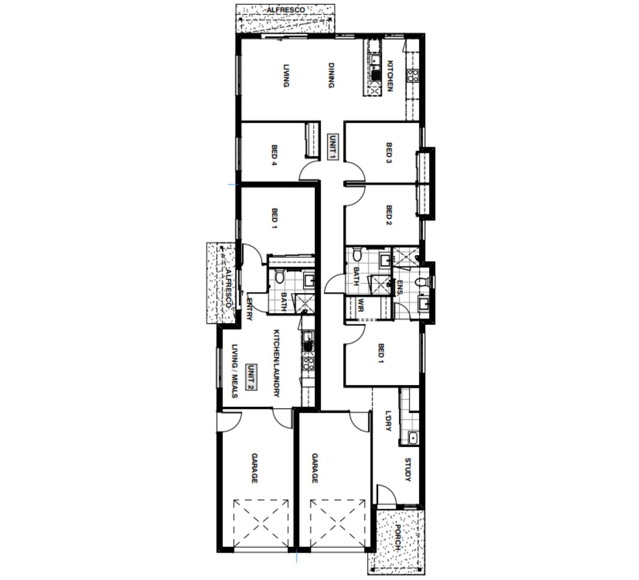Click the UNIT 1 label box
pyautogui.click(x=333, y=147)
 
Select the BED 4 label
pyautogui.click(x=274, y=155)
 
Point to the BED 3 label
pyautogui.click(x=389, y=153)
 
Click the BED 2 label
pyautogui.click(x=389, y=215)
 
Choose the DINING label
pyautogui.click(x=331, y=75)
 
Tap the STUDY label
pyautogui.click(x=408, y=470)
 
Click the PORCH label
pyautogui.click(x=398, y=538)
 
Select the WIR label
pyautogui.click(x=361, y=305)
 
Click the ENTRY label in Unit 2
pyautogui.click(x=249, y=309)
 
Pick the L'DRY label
pyautogui.click(x=388, y=421)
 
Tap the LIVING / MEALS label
pyautogui.click(x=235, y=371)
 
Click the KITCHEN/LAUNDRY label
pyautogui.click(x=277, y=363)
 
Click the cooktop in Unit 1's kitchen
pyautogui.click(x=413, y=76)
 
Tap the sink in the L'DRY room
pyautogui.click(x=413, y=438)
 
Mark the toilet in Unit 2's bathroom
pyautogui.click(x=279, y=277)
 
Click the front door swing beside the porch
pyautogui.click(x=387, y=494)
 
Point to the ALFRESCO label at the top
pyautogui.click(x=286, y=10)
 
